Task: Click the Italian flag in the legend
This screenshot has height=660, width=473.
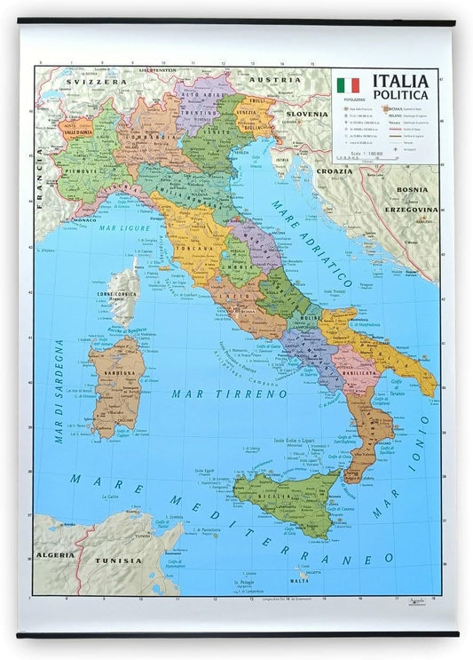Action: point(348,86)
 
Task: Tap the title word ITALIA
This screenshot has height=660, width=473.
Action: point(400,82)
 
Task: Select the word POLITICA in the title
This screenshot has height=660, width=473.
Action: point(400,95)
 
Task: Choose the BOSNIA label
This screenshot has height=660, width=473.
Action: point(412,190)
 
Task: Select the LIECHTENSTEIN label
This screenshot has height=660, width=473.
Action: point(165,68)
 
